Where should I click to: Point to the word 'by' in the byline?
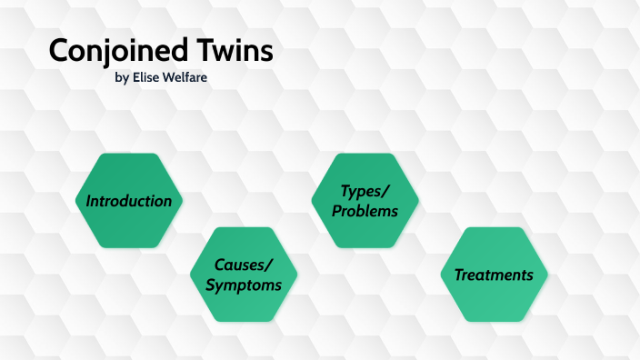pyautogui.click(x=122, y=79)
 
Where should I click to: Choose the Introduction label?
pyautogui.click(x=128, y=201)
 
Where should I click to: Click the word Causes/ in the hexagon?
pyautogui.click(x=243, y=265)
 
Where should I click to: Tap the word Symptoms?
pyautogui.click(x=243, y=285)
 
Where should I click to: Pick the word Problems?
pyautogui.click(x=365, y=211)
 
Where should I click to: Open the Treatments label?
pyautogui.click(x=494, y=275)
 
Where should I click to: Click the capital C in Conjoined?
pyautogui.click(x=58, y=51)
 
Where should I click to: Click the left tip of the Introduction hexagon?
pyautogui.click(x=75, y=201)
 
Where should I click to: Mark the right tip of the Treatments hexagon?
pyautogui.click(x=547, y=275)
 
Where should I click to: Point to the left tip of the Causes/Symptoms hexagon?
pyautogui.click(x=190, y=275)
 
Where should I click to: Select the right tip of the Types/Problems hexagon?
pyautogui.click(x=418, y=201)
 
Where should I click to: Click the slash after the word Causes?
pyautogui.click(x=268, y=265)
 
